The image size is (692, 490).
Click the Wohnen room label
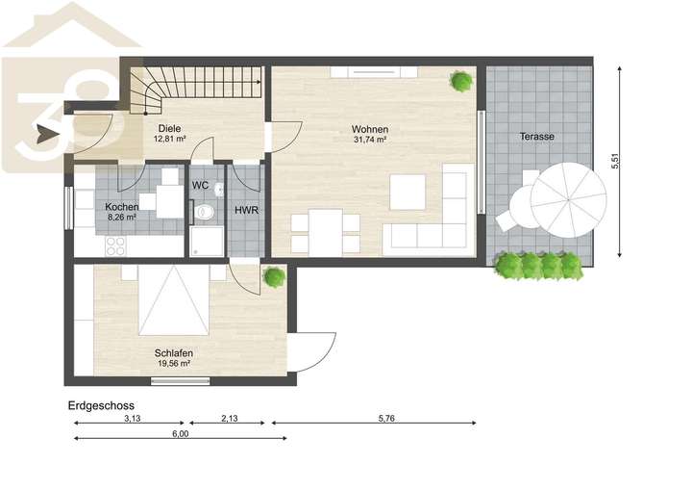(370, 129)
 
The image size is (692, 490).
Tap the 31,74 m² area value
(370, 140)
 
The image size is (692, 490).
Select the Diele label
(169, 128)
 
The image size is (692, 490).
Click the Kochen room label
(122, 207)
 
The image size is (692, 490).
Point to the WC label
(200, 185)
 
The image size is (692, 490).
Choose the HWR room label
(247, 211)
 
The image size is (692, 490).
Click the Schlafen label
(174, 352)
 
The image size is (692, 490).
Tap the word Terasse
(536, 137)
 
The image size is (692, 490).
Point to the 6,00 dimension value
(180, 434)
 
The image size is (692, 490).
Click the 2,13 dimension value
(230, 418)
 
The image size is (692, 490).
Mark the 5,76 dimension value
(386, 418)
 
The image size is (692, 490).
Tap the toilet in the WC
(203, 212)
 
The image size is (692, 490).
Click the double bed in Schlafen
(175, 298)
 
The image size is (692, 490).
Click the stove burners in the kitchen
(115, 245)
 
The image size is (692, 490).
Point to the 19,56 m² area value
(173, 364)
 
